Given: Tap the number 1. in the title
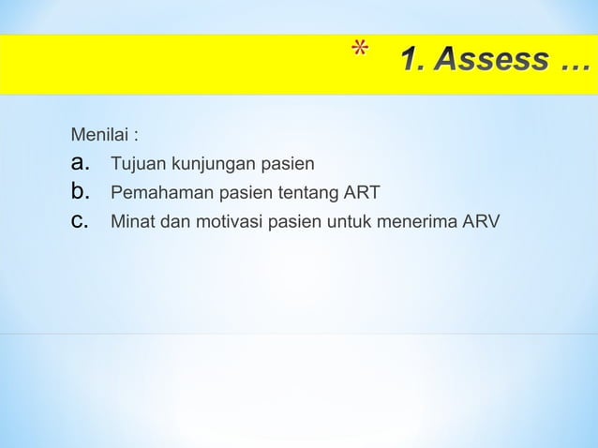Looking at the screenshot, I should click(412, 63).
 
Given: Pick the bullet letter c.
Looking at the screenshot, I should click(80, 222).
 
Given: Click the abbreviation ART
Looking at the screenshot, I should click(361, 194).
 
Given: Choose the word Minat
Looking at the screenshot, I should click(132, 222).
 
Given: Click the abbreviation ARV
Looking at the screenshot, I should click(479, 222).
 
